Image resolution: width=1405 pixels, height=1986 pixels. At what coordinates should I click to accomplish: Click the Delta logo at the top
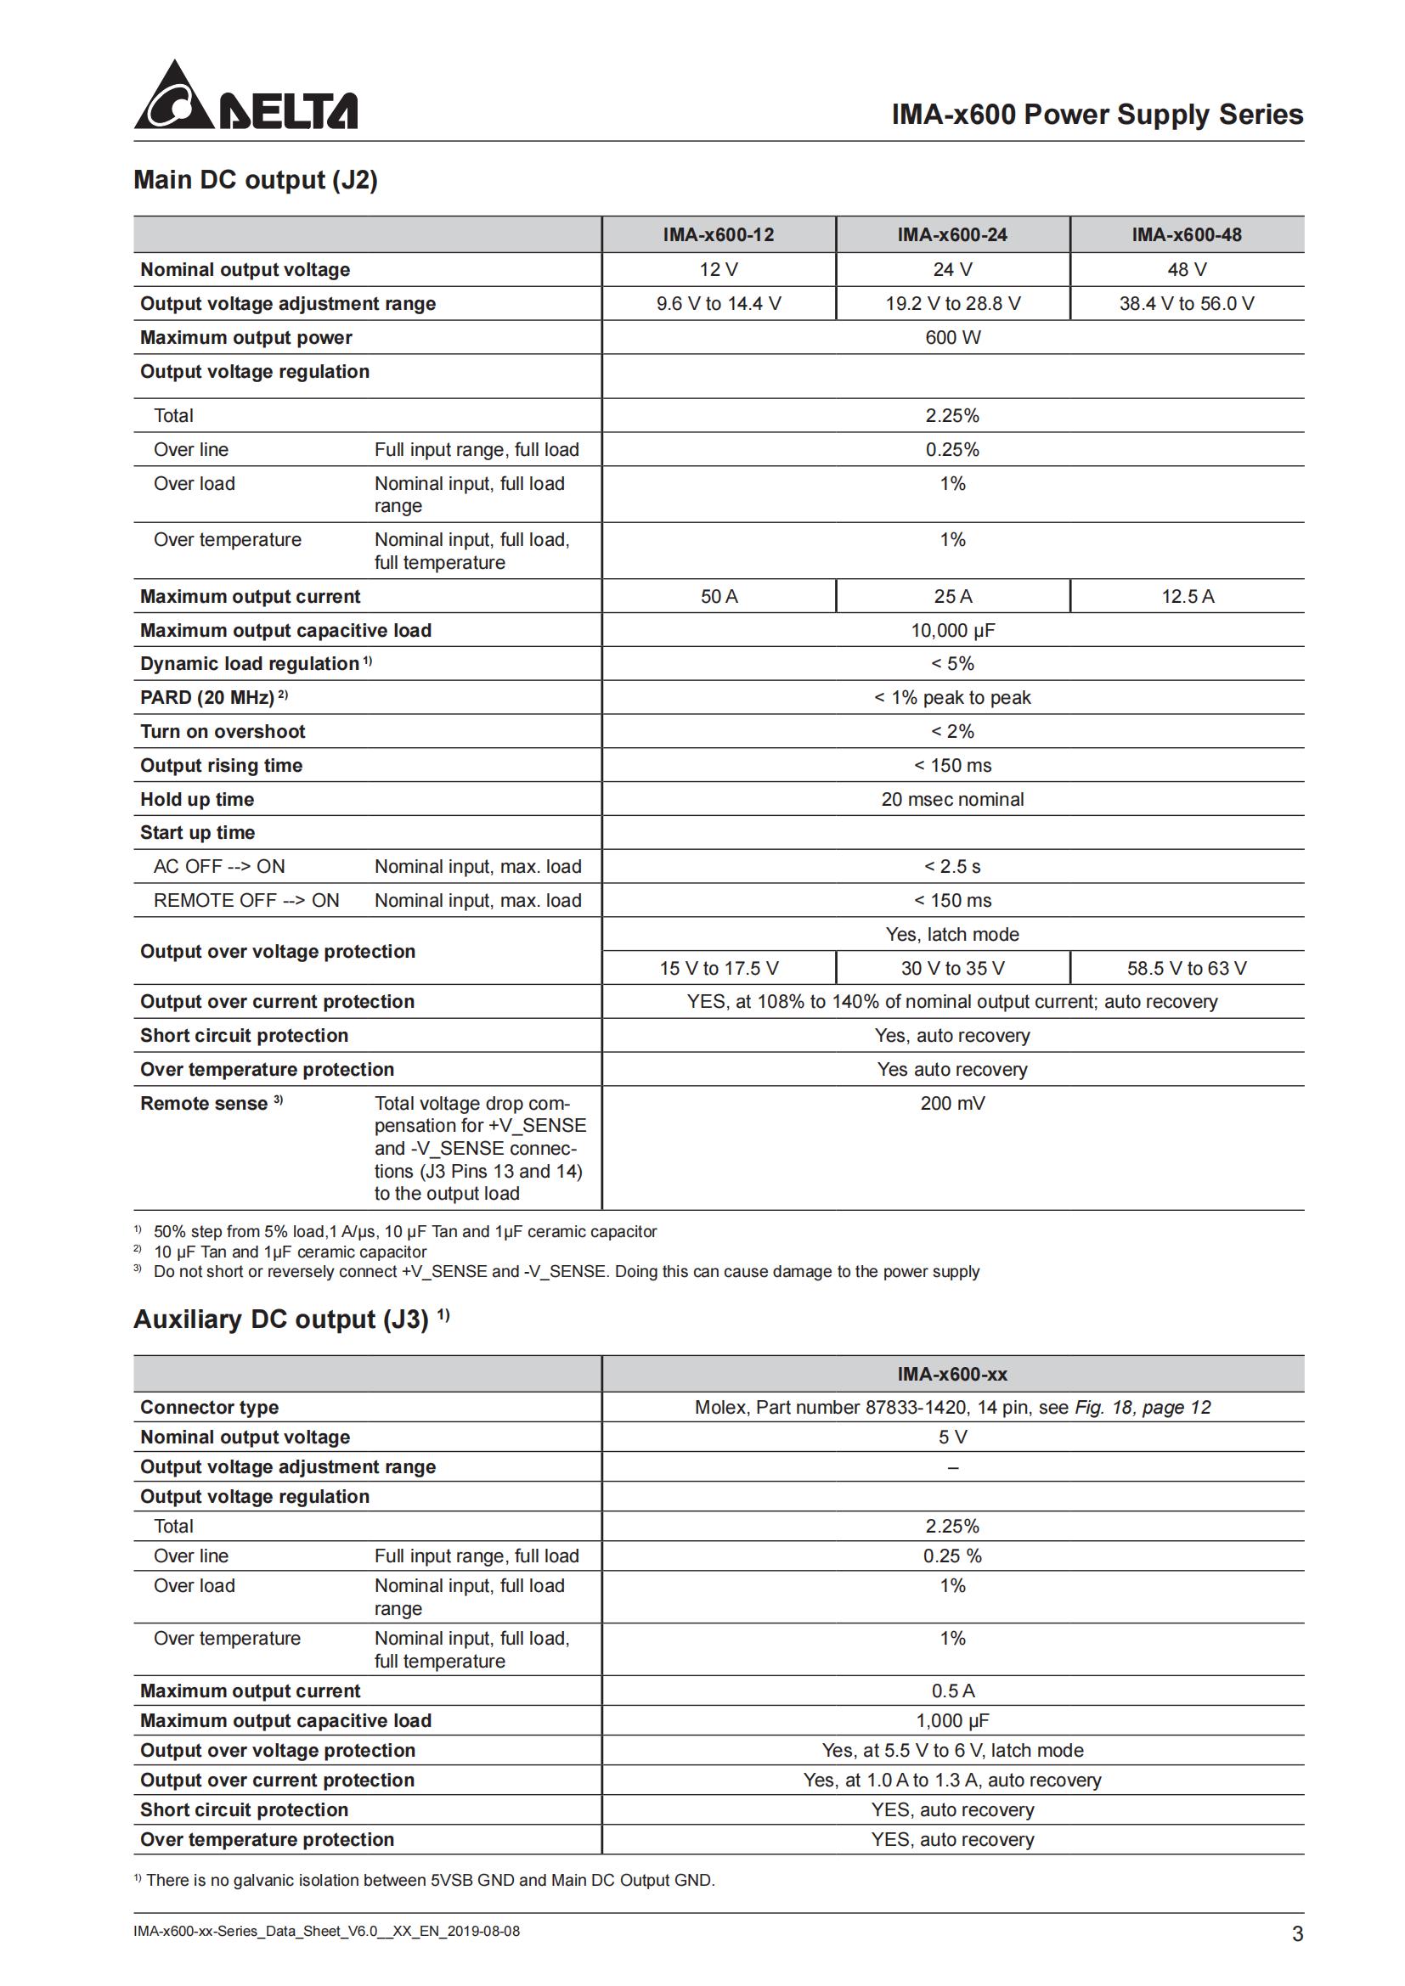pyautogui.click(x=245, y=97)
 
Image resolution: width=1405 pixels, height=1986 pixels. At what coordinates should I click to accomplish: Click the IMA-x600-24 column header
pyautogui.click(x=951, y=234)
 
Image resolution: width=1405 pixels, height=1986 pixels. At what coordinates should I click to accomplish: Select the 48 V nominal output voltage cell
pyautogui.click(x=1186, y=269)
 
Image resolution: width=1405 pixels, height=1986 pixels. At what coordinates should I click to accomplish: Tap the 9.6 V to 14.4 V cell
pyautogui.click(x=718, y=304)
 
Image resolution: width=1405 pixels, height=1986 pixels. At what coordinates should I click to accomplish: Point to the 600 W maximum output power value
pyautogui.click(x=952, y=337)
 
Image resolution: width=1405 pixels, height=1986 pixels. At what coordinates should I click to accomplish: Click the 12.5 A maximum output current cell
pyautogui.click(x=1187, y=596)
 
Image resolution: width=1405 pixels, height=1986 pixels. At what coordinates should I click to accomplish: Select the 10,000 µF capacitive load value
pyautogui.click(x=952, y=630)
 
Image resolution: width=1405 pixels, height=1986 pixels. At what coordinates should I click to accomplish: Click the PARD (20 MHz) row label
pyautogui.click(x=207, y=697)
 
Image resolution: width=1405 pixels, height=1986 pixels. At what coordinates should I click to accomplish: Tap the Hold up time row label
pyautogui.click(x=197, y=799)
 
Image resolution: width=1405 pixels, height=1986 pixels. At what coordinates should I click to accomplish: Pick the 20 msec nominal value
pyautogui.click(x=952, y=799)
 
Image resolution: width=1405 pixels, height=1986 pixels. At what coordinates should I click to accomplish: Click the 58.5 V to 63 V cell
pyautogui.click(x=1186, y=968)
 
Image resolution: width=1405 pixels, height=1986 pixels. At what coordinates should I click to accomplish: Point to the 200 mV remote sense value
pyautogui.click(x=952, y=1103)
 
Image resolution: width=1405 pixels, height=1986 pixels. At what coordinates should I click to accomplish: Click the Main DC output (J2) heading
pyautogui.click(x=255, y=180)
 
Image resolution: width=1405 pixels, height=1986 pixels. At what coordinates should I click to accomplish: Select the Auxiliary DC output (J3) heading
pyautogui.click(x=281, y=1319)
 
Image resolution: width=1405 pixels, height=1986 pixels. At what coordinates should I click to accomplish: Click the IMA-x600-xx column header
pyautogui.click(x=952, y=1374)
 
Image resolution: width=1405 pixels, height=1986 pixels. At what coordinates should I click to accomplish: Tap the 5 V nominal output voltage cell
pyautogui.click(x=952, y=1437)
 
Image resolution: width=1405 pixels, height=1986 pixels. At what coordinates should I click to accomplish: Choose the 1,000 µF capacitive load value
pyautogui.click(x=952, y=1720)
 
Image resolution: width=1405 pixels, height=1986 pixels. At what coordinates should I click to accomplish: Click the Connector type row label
pyautogui.click(x=209, y=1407)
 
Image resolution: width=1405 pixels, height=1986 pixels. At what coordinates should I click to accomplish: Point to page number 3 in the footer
pyautogui.click(x=1297, y=1934)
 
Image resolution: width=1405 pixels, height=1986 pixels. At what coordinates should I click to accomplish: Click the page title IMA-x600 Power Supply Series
pyautogui.click(x=1097, y=114)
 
